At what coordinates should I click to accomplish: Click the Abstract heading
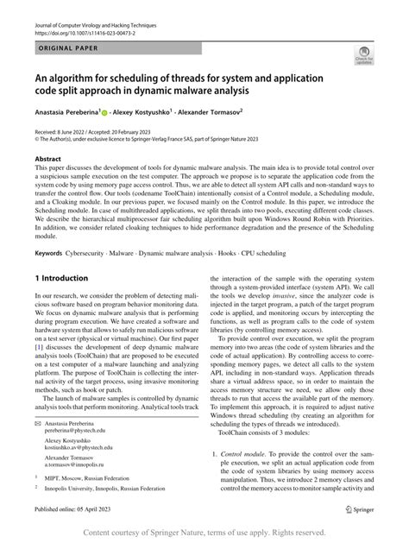coord(47,160)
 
